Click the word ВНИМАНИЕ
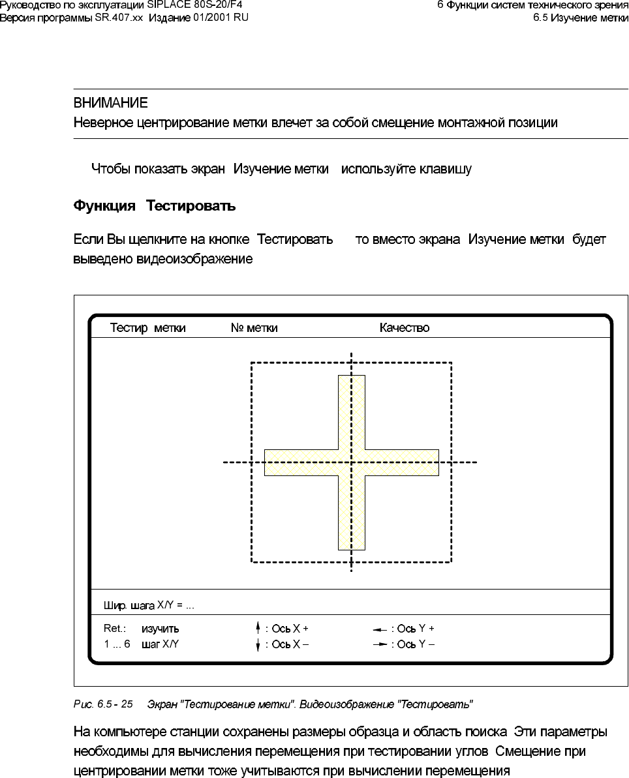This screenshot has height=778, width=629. tap(110, 104)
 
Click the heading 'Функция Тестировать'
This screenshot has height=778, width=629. tap(154, 206)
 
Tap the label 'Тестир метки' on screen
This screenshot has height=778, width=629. tap(147, 328)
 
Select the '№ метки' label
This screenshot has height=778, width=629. tap(254, 328)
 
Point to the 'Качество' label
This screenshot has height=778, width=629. tap(405, 328)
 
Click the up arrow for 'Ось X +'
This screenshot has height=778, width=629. tap(258, 629)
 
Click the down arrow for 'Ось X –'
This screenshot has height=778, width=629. tap(258, 645)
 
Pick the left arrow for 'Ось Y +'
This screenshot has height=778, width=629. tap(380, 629)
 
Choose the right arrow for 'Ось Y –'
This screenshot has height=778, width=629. tap(380, 644)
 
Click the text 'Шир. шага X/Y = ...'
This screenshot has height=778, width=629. tap(149, 605)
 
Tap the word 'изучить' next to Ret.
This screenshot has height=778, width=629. tap(160, 629)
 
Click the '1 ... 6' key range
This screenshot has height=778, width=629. tap(117, 644)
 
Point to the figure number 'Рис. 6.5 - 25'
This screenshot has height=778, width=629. tap(103, 704)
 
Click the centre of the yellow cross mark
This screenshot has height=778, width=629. tap(351, 462)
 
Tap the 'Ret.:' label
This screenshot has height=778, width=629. tap(114, 629)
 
